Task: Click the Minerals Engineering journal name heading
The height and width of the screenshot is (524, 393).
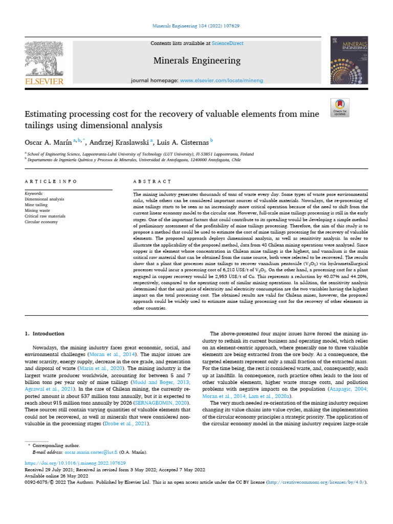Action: pos(197,61)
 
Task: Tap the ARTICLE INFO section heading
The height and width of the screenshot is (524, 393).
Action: pos(51,182)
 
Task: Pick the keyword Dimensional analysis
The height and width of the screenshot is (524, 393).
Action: pos(45,199)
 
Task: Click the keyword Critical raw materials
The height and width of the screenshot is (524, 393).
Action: pos(46,216)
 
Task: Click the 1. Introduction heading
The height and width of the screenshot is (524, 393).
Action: pos(45,334)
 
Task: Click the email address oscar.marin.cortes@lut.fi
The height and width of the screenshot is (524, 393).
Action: pos(91,452)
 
